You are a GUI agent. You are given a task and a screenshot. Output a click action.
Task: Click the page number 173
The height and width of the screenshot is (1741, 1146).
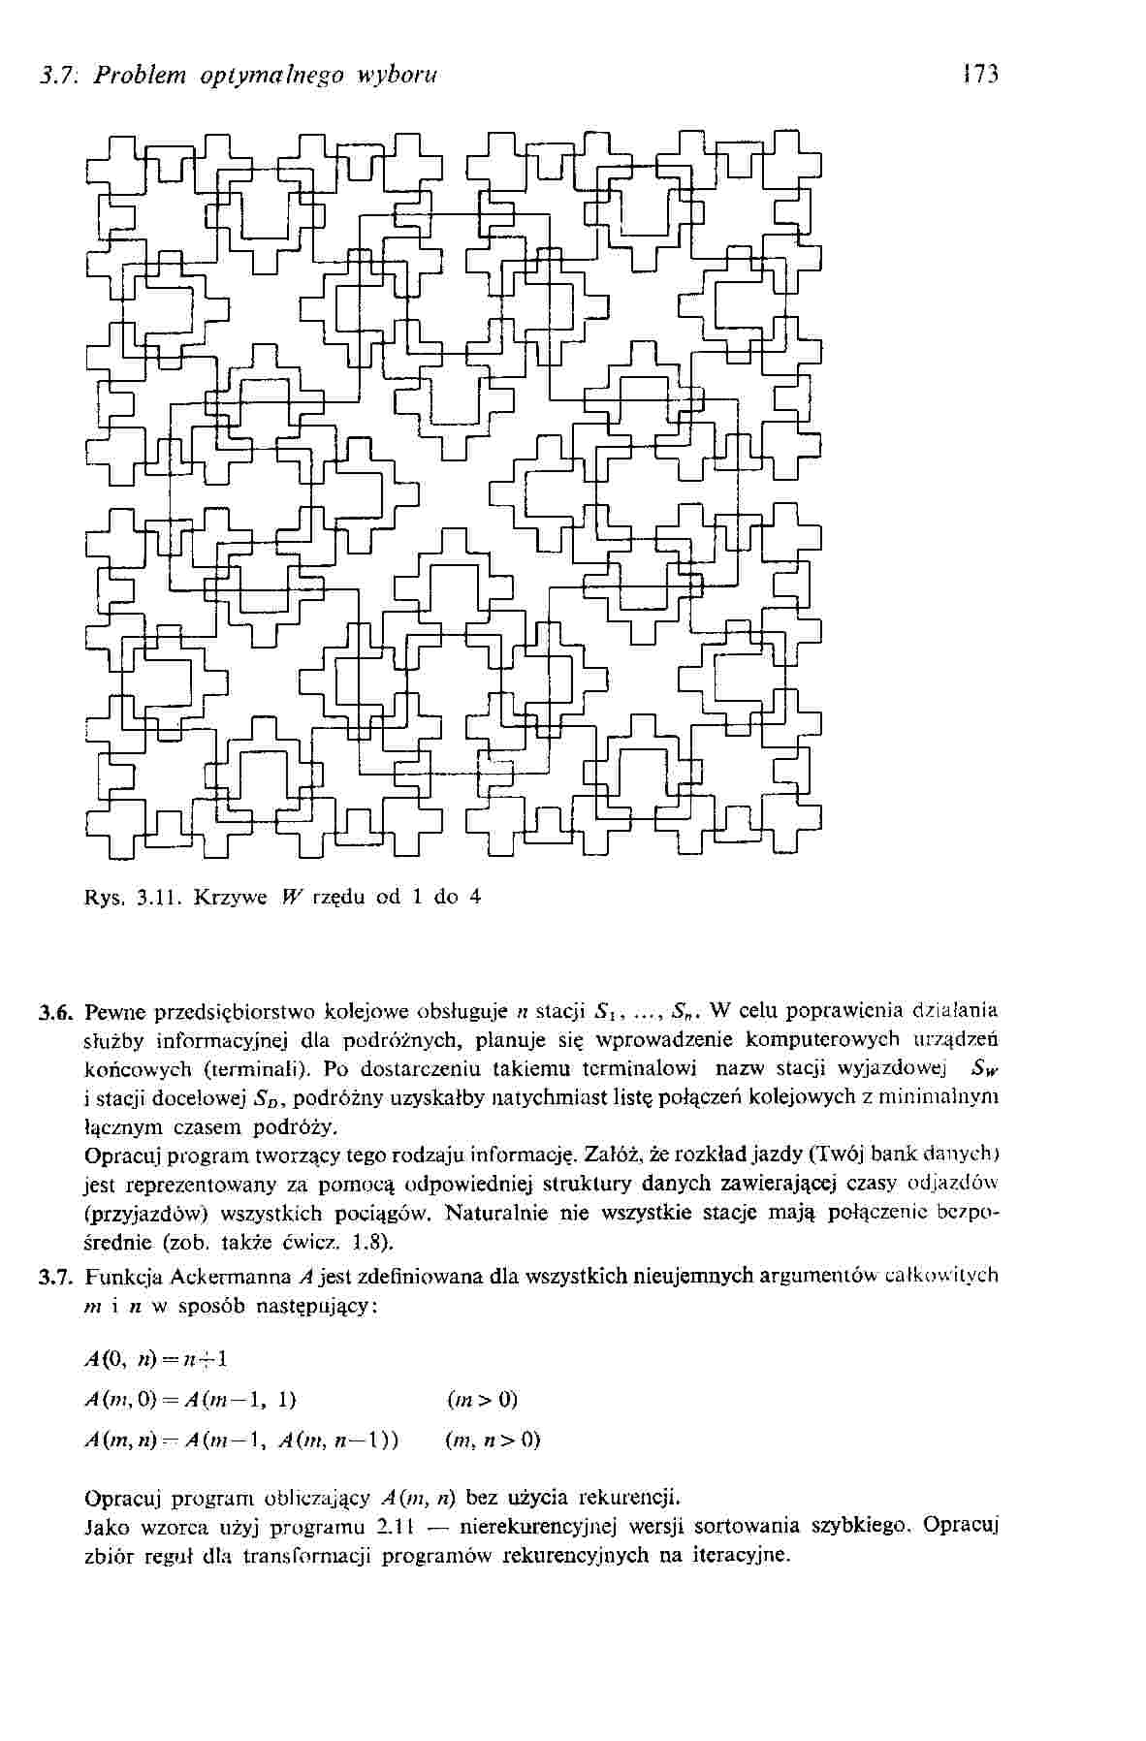tap(980, 75)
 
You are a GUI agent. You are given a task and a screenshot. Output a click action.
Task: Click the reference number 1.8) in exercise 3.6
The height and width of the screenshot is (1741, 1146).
tap(374, 1242)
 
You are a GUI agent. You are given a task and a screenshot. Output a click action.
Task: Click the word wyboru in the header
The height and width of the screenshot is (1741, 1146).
tap(399, 75)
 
